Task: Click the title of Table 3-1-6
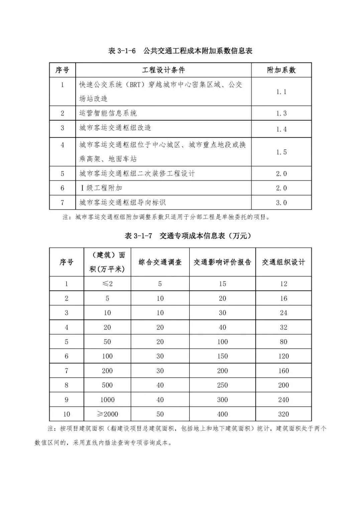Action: [x=180, y=51]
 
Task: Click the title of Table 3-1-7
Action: [x=188, y=236]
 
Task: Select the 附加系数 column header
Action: [x=281, y=70]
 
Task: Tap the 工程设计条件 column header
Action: [x=163, y=70]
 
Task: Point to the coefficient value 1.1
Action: [x=281, y=92]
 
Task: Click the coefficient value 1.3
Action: [x=281, y=113]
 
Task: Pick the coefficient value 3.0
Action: [x=281, y=203]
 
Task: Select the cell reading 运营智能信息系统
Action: [x=108, y=113]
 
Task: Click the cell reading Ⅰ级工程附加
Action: [x=101, y=188]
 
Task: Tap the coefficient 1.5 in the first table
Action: [x=281, y=152]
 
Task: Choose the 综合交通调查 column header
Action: [x=160, y=262]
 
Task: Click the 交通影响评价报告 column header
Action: [x=222, y=262]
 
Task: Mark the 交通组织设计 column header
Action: [x=283, y=262]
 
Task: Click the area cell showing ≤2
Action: [x=107, y=284]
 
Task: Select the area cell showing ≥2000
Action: [x=107, y=414]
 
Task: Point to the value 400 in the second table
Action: [x=222, y=414]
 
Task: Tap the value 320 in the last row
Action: [x=283, y=414]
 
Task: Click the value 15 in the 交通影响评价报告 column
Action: [x=222, y=284]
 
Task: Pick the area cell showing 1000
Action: [x=107, y=400]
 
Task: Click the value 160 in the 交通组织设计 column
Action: [x=283, y=371]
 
